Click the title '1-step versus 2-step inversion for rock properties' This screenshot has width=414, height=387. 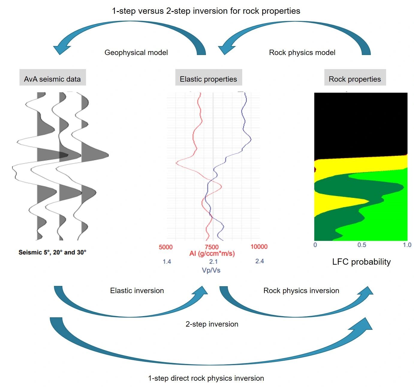point(206,11)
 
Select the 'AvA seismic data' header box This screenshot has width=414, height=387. point(52,77)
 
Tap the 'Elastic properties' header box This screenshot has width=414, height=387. point(209,77)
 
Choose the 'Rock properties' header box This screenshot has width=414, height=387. point(355,77)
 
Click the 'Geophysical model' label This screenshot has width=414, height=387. point(136,52)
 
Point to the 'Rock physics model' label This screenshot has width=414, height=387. point(302,52)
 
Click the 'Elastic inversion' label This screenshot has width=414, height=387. point(137,290)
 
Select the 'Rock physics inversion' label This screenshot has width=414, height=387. point(301,290)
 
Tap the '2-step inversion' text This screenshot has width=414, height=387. point(212,324)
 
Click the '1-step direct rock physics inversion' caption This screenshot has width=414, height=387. point(206,378)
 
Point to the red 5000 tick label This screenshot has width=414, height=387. point(166,247)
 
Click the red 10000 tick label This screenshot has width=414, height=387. point(259,246)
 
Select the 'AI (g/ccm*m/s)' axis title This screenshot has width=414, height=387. point(212,253)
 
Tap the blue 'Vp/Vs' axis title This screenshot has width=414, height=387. point(211,270)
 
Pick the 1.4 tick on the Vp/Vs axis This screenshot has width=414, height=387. point(167,261)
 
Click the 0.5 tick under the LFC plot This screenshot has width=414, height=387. point(362,245)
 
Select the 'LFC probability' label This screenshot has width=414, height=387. point(361,262)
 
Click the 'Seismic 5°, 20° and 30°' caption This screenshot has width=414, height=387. point(52,252)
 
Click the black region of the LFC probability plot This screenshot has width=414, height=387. point(361,125)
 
